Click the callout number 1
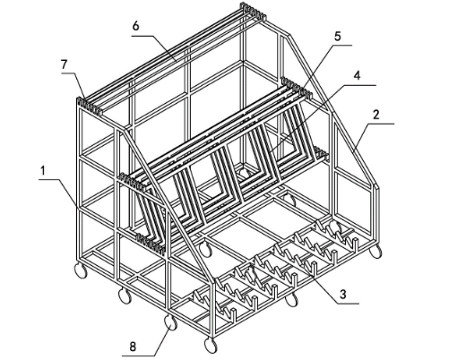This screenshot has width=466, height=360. click(43, 171)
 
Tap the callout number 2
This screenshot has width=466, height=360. click(376, 115)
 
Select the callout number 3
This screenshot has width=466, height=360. click(343, 295)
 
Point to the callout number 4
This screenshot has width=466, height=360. click(357, 75)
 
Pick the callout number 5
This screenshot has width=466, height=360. click(337, 37)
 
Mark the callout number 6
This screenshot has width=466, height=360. click(135, 26)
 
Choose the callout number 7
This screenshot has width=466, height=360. click(65, 64)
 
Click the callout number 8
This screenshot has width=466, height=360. click(133, 347)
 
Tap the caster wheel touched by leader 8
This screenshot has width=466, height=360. click(170, 322)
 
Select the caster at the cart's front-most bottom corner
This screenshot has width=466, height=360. click(211, 346)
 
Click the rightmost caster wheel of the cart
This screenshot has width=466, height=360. click(375, 251)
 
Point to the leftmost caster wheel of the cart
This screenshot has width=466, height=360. click(81, 270)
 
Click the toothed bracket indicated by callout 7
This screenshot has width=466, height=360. click(90, 107)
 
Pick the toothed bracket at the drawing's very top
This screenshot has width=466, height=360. click(253, 12)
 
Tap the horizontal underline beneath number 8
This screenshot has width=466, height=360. click(138, 356)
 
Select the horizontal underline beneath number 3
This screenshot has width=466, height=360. click(349, 304)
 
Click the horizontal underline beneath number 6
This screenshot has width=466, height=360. click(142, 36)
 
